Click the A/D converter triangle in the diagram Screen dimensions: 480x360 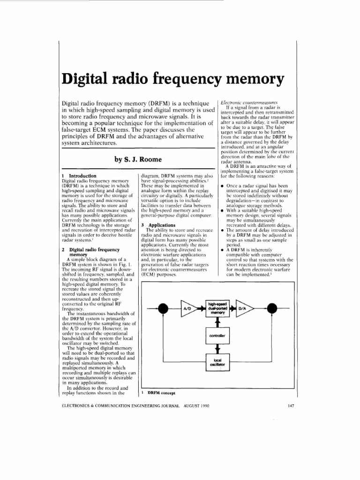(188, 308)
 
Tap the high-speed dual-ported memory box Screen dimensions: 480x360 (217, 308)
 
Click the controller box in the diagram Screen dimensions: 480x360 (217, 336)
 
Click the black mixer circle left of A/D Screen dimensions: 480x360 (164, 308)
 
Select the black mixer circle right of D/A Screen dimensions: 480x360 (270, 308)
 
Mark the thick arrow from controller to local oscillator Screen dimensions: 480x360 (217, 349)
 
